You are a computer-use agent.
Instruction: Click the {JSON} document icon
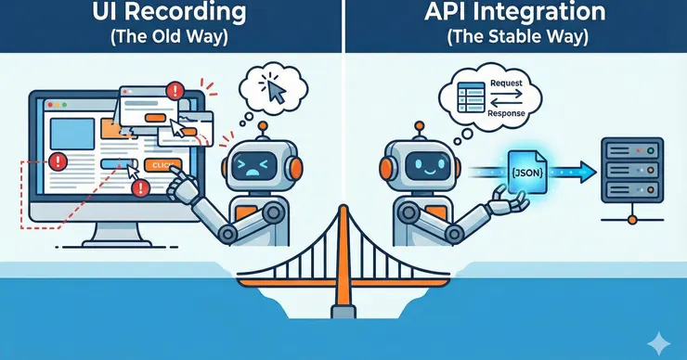click(x=527, y=172)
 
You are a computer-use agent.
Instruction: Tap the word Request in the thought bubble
click(x=506, y=84)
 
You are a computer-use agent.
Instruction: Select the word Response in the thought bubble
click(x=506, y=113)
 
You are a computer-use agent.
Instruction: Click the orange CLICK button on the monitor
click(x=162, y=165)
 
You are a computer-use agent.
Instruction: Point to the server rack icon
click(x=632, y=171)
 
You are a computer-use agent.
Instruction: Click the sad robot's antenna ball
click(x=263, y=126)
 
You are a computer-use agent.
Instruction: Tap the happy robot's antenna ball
click(x=420, y=126)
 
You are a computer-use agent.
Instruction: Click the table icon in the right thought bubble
click(x=471, y=97)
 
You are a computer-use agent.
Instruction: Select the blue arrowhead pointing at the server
click(x=587, y=173)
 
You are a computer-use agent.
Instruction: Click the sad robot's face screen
click(x=254, y=165)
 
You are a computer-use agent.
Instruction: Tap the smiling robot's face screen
click(x=428, y=165)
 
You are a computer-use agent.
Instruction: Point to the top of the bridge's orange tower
click(x=343, y=207)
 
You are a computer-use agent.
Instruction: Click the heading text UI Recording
click(x=169, y=12)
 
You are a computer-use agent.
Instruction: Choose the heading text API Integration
click(x=515, y=12)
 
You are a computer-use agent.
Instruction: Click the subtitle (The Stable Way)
click(x=517, y=36)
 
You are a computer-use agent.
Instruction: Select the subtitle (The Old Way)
click(x=169, y=36)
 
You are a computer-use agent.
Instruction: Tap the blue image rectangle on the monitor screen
click(x=72, y=134)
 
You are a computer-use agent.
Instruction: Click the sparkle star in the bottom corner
click(x=658, y=344)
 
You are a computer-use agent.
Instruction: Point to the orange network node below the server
click(x=632, y=219)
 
